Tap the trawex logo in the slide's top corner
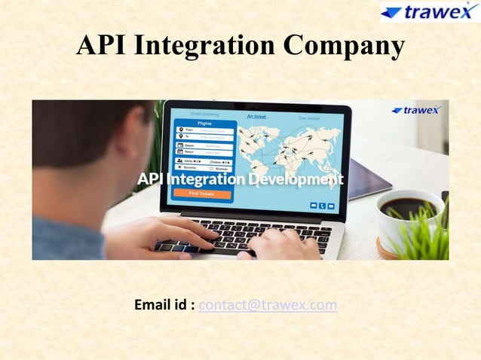tap(429, 13)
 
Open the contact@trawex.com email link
tap(268, 305)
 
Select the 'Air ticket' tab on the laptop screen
tap(256, 117)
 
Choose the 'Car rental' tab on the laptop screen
tap(309, 117)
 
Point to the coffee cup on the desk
tap(407, 215)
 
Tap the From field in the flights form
tap(204, 130)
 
